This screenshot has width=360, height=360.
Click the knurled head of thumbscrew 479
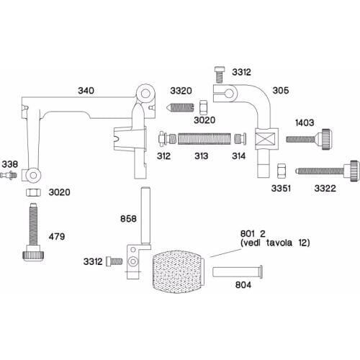33,253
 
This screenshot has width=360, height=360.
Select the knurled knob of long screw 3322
351,170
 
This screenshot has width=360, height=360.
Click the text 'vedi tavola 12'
274,243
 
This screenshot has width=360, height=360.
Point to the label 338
8,164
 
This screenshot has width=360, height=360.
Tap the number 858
127,217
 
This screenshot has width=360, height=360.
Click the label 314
238,156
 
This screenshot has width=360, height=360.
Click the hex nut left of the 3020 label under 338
32,193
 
